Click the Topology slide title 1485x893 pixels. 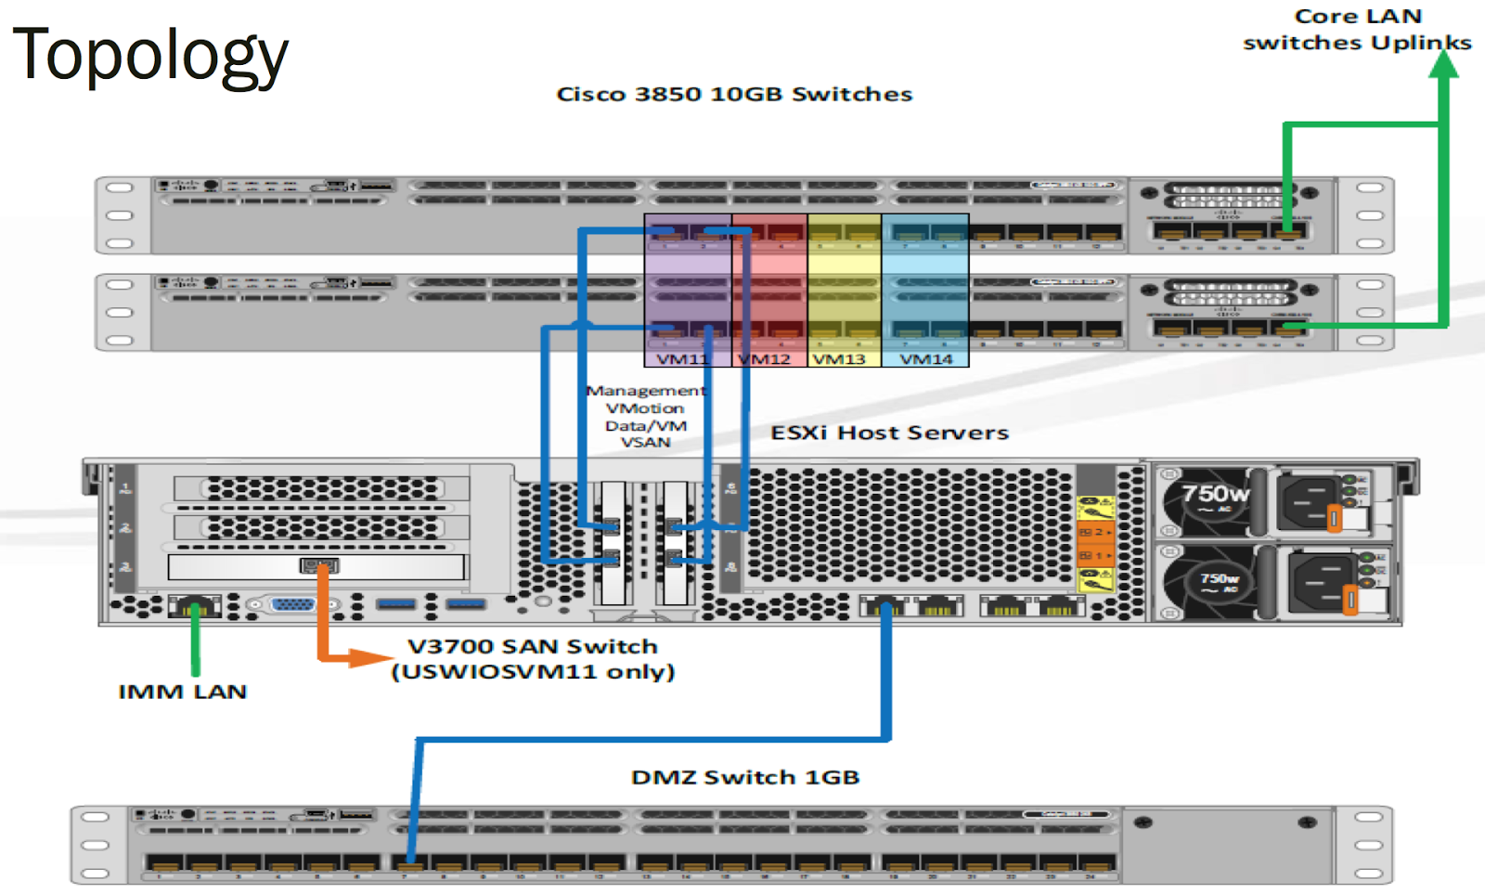[150, 54]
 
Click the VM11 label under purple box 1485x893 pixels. [682, 359]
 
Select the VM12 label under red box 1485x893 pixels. [765, 359]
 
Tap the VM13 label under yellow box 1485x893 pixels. [839, 359]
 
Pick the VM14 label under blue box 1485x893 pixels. [925, 359]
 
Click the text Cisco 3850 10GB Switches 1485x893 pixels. [734, 95]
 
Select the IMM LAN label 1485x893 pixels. [183, 692]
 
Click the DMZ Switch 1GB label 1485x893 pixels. [745, 777]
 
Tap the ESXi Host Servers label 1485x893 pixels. [889, 433]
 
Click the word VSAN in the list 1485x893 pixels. [646, 443]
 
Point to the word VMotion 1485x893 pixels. [645, 408]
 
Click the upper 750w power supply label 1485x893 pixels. [1214, 494]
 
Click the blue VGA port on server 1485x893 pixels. [293, 605]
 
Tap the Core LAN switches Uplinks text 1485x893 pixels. [1357, 30]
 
